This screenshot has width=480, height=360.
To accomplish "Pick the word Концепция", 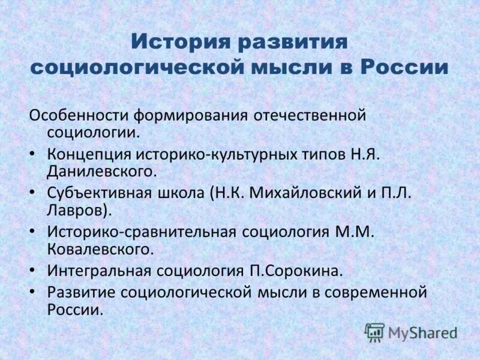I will [x=89, y=154].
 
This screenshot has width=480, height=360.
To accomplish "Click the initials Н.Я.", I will [x=363, y=154].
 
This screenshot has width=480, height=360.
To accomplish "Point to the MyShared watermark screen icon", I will [x=374, y=332].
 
